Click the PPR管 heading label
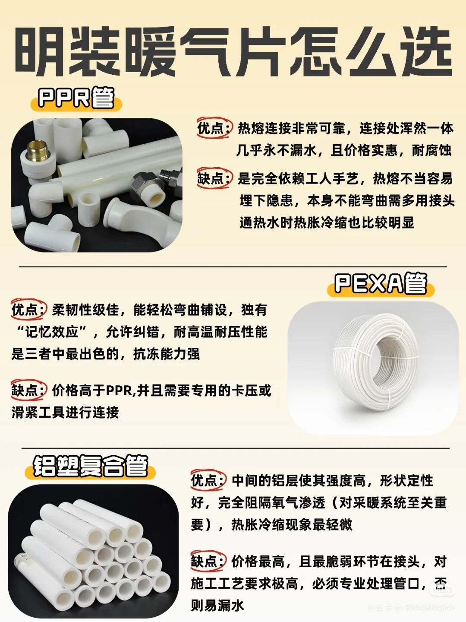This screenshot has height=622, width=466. tap(76, 98)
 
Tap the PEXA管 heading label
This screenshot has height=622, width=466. tap(381, 284)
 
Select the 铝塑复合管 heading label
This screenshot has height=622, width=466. tap(91, 466)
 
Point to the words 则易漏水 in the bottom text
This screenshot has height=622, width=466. tap(217, 605)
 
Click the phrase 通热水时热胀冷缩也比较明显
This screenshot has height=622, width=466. tap(327, 222)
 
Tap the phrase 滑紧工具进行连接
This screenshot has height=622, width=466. tap(65, 413)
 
